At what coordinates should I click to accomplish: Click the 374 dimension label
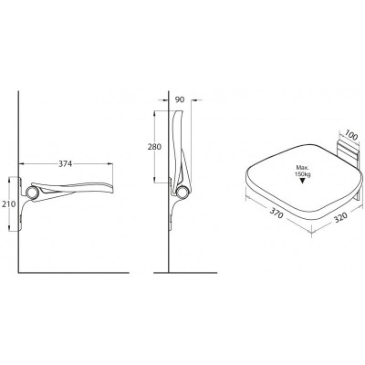click(x=65, y=164)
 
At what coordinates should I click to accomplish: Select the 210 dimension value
click(x=8, y=204)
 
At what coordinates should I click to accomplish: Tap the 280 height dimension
click(x=154, y=147)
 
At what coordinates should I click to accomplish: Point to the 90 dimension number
click(x=180, y=99)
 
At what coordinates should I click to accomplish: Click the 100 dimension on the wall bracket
click(x=351, y=136)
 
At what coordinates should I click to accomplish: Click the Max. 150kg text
click(x=302, y=171)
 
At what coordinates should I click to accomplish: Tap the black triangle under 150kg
click(x=302, y=181)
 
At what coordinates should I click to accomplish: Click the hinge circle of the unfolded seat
click(x=32, y=193)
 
